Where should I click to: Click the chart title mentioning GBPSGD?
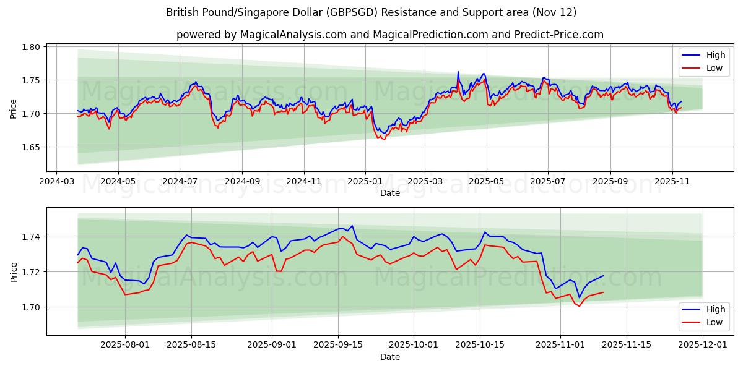[x=371, y=12]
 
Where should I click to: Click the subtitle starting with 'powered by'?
[x=390, y=35]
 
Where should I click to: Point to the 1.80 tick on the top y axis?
[x=32, y=47]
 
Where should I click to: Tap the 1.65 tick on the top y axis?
[x=32, y=147]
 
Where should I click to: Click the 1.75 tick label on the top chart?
[x=32, y=80]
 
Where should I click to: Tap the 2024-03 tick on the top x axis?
[x=57, y=182]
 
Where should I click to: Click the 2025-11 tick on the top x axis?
[x=672, y=182]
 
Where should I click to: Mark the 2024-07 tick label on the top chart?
[x=180, y=182]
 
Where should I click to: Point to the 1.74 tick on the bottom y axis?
[x=32, y=237]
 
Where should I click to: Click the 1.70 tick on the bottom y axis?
[x=32, y=307]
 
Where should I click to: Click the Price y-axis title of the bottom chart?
[x=14, y=271]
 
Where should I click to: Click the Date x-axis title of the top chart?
[x=390, y=193]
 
